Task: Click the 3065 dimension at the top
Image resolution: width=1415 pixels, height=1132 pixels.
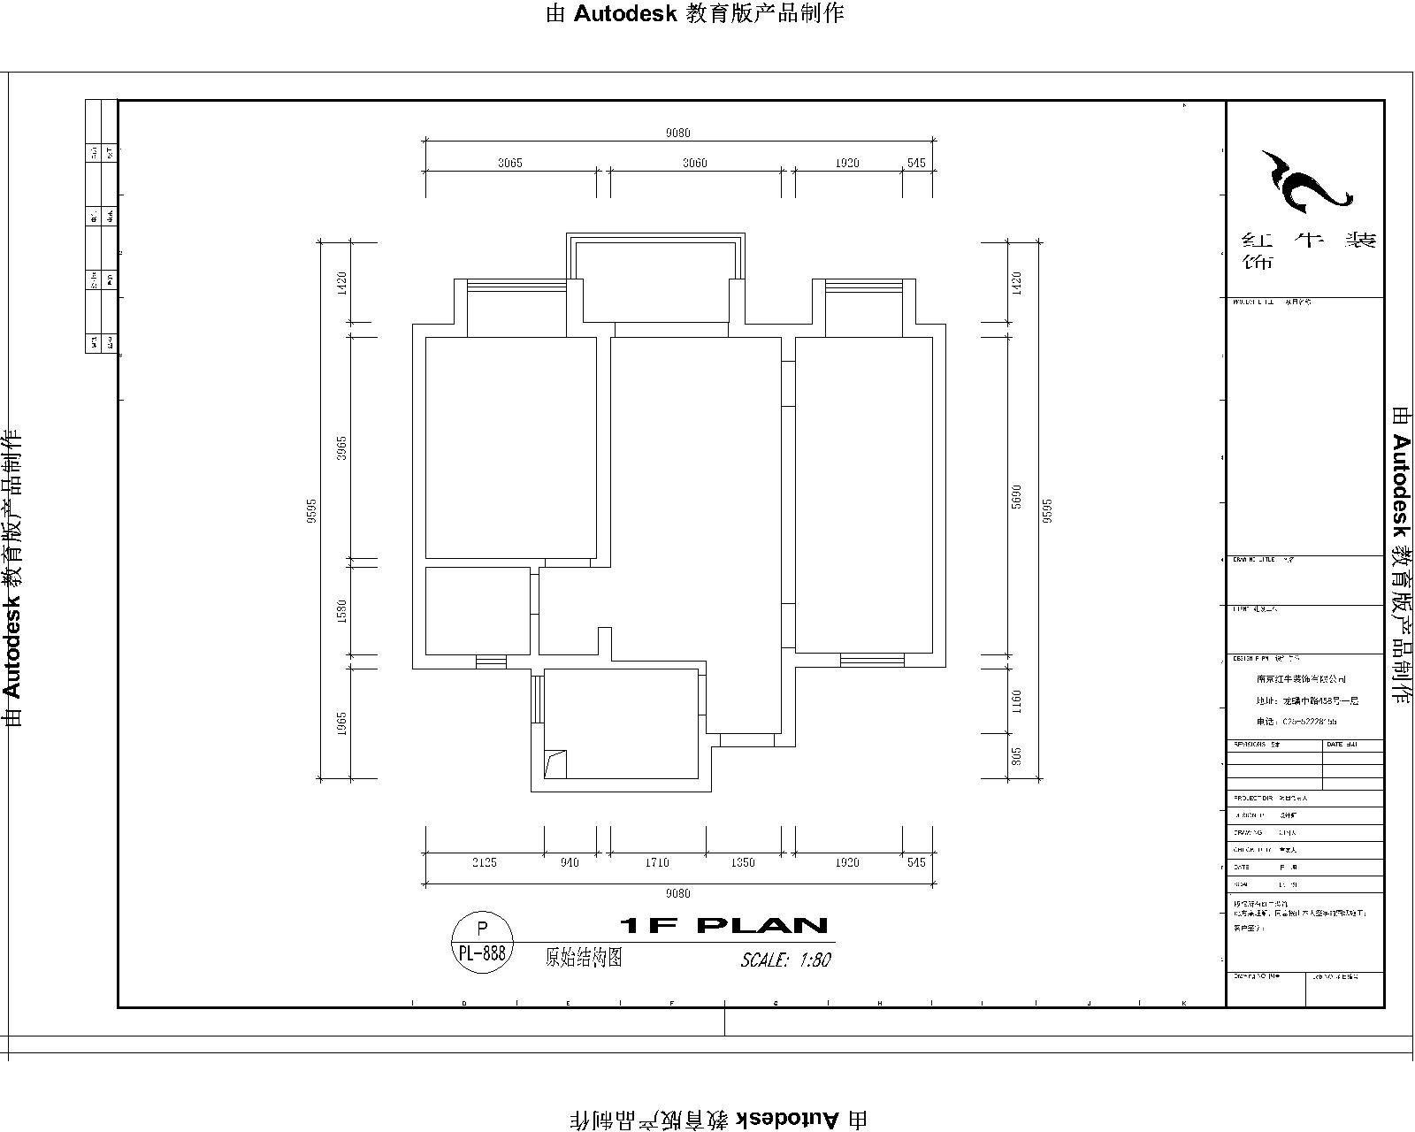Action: pos(509,163)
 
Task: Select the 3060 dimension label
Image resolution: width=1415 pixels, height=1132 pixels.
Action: pos(695,163)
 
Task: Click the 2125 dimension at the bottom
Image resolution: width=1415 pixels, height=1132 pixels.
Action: pos(484,862)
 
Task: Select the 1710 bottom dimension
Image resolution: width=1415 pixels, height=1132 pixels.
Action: pos(657,862)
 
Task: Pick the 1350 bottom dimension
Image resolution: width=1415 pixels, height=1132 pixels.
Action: pos(743,862)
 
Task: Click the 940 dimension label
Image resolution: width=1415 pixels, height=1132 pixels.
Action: pos(570,862)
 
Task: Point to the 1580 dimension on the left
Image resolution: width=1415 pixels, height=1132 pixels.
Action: pos(342,611)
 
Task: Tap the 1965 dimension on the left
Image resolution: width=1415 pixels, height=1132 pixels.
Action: pos(342,723)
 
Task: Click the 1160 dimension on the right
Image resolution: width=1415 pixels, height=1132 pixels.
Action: pos(1016,701)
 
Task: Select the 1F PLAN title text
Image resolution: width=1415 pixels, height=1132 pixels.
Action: pos(723,926)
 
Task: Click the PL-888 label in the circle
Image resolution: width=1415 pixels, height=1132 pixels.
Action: pos(482,952)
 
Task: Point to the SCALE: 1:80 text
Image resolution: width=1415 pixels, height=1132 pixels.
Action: pos(785,960)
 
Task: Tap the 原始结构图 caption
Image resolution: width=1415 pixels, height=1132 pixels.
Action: pos(584,957)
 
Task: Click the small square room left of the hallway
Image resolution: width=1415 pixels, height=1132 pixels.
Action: pos(478,610)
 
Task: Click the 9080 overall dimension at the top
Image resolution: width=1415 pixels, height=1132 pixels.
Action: pos(677,133)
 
